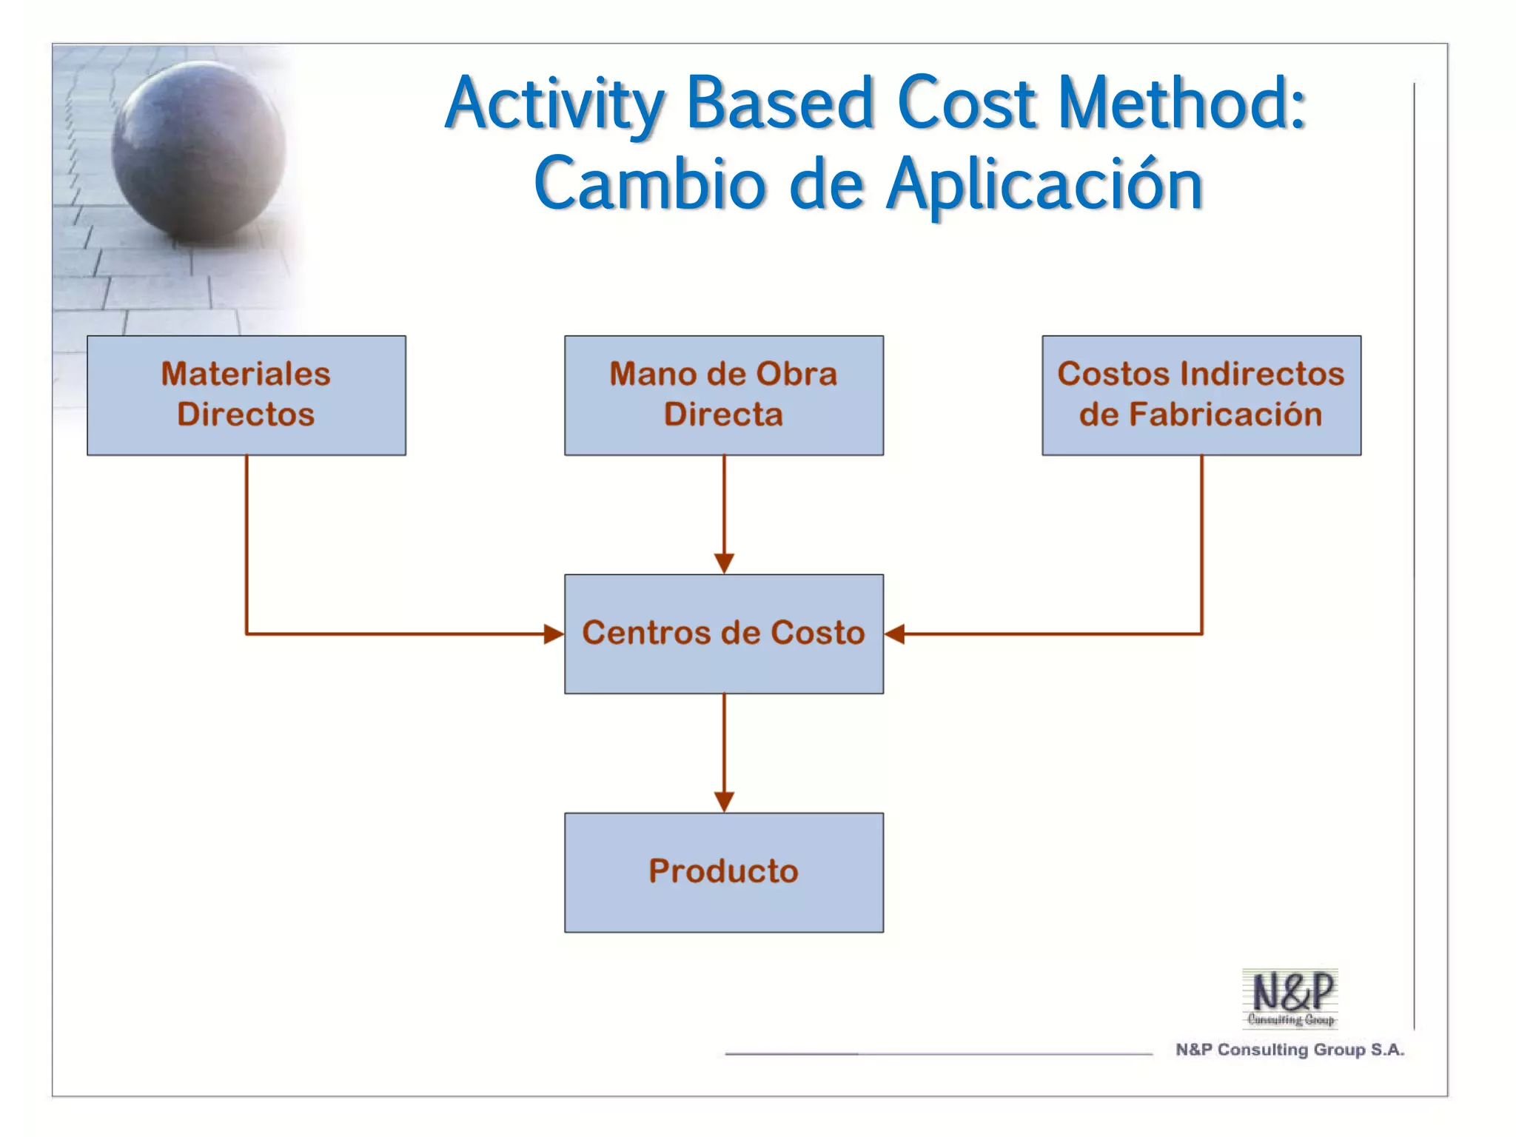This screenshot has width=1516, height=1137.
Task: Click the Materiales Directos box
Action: (x=246, y=395)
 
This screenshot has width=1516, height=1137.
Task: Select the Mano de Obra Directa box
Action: (x=723, y=395)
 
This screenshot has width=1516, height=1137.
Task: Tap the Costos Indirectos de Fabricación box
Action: (x=1201, y=395)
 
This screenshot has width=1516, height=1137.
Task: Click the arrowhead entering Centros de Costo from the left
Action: (x=554, y=634)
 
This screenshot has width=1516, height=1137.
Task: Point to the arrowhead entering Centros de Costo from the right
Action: (x=894, y=634)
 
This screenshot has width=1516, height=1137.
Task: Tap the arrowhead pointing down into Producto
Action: (x=724, y=802)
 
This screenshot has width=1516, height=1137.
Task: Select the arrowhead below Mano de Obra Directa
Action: (x=724, y=563)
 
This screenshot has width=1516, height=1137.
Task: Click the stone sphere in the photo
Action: (x=198, y=152)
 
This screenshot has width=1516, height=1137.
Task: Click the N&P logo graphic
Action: (x=1290, y=998)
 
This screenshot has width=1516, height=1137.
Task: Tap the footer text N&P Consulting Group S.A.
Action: (x=1289, y=1050)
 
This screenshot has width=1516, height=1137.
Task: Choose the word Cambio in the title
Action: (x=650, y=185)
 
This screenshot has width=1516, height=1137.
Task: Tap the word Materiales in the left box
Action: (x=246, y=374)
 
